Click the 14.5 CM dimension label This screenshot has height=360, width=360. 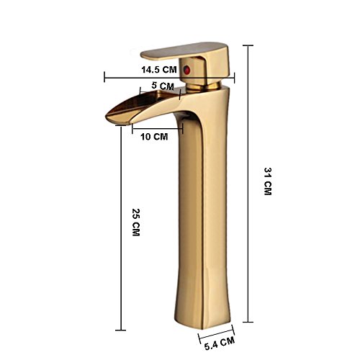(x=159, y=70)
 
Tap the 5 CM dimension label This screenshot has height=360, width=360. (x=163, y=86)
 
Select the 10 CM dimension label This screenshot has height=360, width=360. (x=154, y=137)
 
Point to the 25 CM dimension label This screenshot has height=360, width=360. (x=136, y=222)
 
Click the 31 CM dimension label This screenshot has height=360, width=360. (x=268, y=181)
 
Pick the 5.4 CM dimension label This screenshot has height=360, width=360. (x=220, y=343)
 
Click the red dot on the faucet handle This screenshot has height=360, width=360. (x=186, y=70)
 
